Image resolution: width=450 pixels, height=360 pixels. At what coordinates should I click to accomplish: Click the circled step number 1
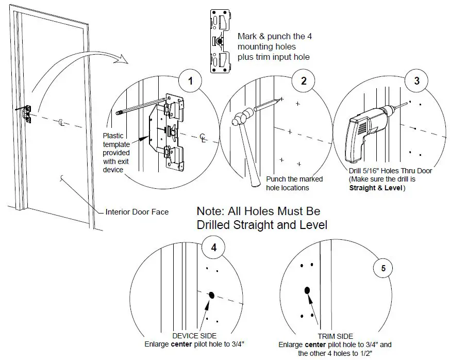[x=190, y=81]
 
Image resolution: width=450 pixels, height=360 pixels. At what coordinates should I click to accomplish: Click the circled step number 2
[x=303, y=81]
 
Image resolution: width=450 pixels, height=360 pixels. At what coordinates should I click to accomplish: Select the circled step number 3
[x=416, y=81]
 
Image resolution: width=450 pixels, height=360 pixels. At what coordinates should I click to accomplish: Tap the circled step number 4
[x=213, y=248]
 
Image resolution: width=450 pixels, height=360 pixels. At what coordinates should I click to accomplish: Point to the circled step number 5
[x=383, y=268]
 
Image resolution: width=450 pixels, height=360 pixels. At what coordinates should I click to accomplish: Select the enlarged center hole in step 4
[x=211, y=295]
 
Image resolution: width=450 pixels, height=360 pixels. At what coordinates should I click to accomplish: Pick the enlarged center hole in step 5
[x=307, y=290]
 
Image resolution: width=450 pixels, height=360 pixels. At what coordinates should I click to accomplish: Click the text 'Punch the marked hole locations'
[x=294, y=183]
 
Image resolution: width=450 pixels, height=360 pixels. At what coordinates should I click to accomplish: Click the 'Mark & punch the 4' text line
[x=274, y=37]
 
